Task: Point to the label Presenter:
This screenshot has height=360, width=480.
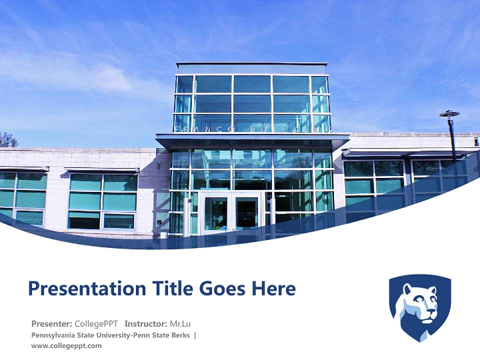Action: click(51, 323)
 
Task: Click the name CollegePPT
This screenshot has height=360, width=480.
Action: click(96, 323)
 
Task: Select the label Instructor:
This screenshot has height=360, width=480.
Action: click(146, 323)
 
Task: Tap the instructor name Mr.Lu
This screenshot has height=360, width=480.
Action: click(180, 323)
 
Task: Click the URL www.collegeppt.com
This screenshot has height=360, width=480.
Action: click(66, 345)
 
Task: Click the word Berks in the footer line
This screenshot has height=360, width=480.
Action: click(180, 335)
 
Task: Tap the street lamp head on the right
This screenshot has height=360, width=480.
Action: click(449, 114)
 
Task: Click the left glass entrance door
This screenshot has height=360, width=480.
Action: click(215, 214)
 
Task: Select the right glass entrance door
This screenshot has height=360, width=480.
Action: click(246, 214)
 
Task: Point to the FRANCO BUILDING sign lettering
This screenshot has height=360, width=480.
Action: click(252, 129)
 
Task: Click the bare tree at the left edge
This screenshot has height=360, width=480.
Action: click(7, 139)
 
